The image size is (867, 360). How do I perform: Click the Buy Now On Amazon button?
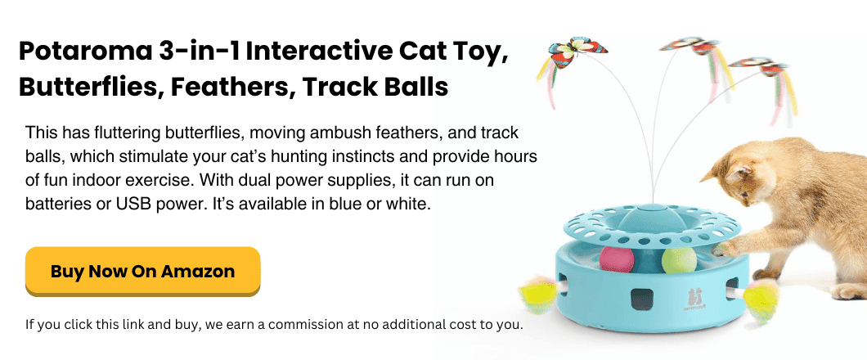point(142,271)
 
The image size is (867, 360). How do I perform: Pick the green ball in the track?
point(680,261)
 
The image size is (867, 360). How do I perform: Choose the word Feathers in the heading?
point(231,87)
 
